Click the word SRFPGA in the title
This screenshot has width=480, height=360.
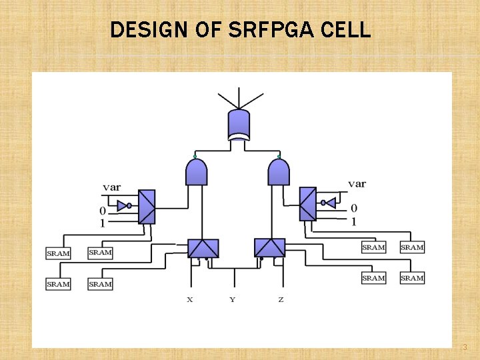point(275,29)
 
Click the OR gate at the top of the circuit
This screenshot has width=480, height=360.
point(239,125)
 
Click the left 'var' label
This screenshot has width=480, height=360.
point(111,187)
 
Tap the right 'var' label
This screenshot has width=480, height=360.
point(357,183)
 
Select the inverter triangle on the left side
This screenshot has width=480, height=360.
point(122,205)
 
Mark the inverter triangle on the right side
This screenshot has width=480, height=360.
point(329,203)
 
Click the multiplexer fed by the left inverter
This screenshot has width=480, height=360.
point(147,207)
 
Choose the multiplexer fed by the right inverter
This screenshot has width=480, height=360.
point(307,203)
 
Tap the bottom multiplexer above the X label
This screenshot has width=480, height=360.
point(203,248)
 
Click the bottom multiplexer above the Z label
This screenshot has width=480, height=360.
point(269,248)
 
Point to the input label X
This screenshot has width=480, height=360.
point(190,299)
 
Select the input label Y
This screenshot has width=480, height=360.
point(232,299)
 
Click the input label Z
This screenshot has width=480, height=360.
point(281,299)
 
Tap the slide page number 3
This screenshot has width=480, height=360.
point(465,347)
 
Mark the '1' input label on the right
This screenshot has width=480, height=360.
point(353,221)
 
